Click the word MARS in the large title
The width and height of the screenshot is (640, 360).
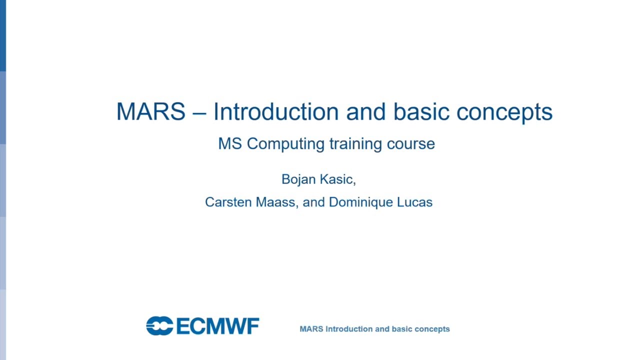pos(150,111)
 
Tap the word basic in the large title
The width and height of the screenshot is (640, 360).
pos(421,111)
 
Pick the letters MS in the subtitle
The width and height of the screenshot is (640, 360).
pos(230,144)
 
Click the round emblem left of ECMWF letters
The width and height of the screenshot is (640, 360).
pos(159,326)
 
